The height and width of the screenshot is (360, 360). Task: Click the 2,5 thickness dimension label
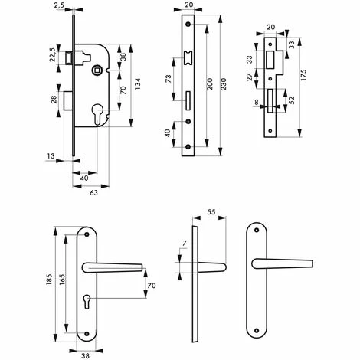tap(59, 5)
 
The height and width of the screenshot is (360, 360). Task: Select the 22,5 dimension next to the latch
tap(53, 54)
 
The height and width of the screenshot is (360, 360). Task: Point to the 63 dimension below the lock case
tap(93, 193)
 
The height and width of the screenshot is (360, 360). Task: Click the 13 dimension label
tap(51, 155)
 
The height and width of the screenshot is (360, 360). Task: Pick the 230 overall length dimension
tap(223, 84)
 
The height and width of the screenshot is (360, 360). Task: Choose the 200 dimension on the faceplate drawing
tap(209, 84)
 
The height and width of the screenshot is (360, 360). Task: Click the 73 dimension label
tap(169, 79)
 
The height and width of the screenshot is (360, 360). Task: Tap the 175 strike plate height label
tap(303, 75)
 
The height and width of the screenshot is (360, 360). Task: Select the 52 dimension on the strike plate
tap(292, 100)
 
